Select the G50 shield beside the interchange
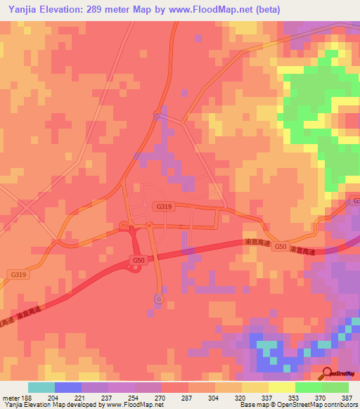coord(139,259)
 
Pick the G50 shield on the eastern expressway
coord(281,247)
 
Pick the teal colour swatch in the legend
coord(41,387)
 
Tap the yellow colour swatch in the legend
coord(281,387)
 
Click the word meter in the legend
coord(10,397)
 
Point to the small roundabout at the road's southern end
coord(159,299)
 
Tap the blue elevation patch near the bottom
coord(267,355)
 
